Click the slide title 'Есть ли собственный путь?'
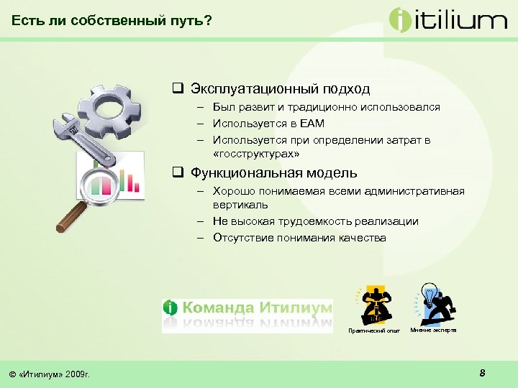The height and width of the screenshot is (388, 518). click(112, 21)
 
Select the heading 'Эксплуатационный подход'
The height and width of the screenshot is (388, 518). click(280, 89)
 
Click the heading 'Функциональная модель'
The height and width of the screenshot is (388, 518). click(273, 173)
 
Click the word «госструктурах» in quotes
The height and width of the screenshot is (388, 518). click(256, 154)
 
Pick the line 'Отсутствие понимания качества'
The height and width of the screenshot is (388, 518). click(299, 237)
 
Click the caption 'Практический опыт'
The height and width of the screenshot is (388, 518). click(373, 331)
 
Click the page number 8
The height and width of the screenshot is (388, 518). click(482, 372)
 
